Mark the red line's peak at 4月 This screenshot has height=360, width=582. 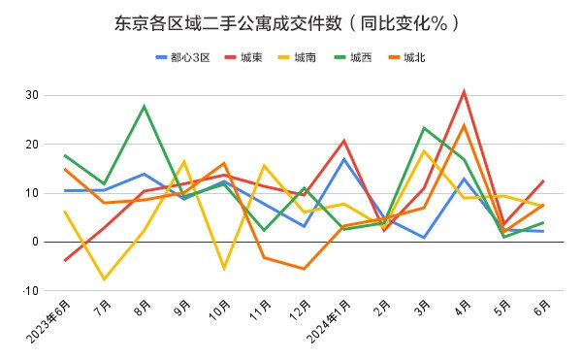pyautogui.click(x=465, y=92)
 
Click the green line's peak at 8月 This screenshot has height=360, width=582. pyautogui.click(x=144, y=106)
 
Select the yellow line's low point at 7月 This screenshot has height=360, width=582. pyautogui.click(x=104, y=279)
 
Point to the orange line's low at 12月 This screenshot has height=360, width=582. pyautogui.click(x=304, y=269)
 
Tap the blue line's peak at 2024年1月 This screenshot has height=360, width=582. pyautogui.click(x=344, y=159)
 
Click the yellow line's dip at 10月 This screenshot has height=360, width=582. pyautogui.click(x=224, y=268)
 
